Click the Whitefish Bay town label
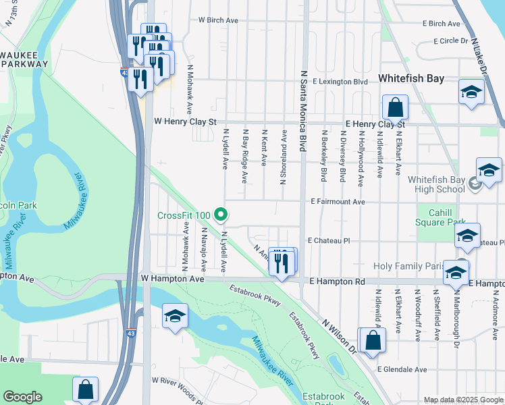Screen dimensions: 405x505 (411, 78)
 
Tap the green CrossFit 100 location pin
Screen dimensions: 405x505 (221, 215)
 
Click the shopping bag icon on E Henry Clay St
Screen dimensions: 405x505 (395, 108)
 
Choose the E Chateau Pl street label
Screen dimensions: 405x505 (329, 240)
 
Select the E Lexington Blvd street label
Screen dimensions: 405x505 (339, 82)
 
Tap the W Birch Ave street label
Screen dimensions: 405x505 (218, 21)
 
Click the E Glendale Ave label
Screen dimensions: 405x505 (402, 370)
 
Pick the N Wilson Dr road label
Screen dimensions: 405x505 (339, 337)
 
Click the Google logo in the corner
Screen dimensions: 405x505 (22, 397)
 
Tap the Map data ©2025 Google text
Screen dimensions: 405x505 (462, 400)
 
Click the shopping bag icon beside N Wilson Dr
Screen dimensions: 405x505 (372, 341)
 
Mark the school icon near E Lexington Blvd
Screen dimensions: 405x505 (471, 92)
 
